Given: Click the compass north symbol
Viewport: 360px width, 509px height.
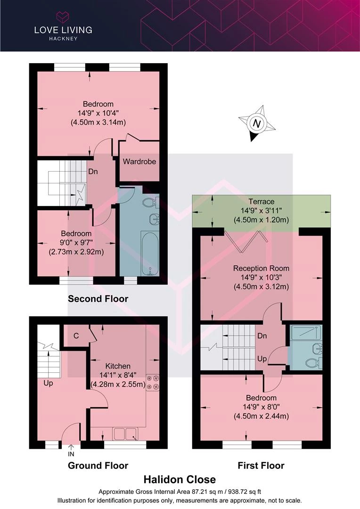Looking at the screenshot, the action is pyautogui.click(x=257, y=123).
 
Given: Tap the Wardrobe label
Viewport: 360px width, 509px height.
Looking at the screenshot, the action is pyautogui.click(x=139, y=161).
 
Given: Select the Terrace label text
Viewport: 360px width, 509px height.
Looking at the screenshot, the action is pyautogui.click(x=262, y=201).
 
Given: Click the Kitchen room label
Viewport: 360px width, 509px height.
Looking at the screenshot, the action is pyautogui.click(x=118, y=366).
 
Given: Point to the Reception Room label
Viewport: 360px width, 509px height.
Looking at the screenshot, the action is pyautogui.click(x=262, y=268).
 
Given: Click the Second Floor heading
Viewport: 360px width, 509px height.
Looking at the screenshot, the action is pyautogui.click(x=98, y=299).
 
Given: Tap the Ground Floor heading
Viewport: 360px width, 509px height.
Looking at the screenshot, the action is pyautogui.click(x=98, y=466).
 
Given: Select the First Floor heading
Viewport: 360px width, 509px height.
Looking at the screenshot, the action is pyautogui.click(x=261, y=466).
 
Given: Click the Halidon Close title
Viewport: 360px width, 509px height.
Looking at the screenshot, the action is pyautogui.click(x=180, y=479).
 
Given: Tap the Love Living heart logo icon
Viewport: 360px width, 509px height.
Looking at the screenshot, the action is pyautogui.click(x=63, y=16).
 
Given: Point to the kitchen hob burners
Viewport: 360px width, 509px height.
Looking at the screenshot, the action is pyautogui.click(x=153, y=382).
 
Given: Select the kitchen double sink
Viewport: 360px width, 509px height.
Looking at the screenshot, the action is pyautogui.click(x=125, y=434).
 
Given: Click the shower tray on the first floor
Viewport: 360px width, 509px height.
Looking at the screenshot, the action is pyautogui.click(x=305, y=333).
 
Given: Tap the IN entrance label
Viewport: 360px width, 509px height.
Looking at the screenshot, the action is pyautogui.click(x=71, y=454).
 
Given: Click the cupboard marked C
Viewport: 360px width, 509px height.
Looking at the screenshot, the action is pyautogui.click(x=76, y=336).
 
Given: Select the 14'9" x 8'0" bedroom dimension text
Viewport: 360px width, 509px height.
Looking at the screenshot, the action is pyautogui.click(x=262, y=407).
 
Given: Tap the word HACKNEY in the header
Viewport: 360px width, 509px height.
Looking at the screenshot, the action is pyautogui.click(x=63, y=39).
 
